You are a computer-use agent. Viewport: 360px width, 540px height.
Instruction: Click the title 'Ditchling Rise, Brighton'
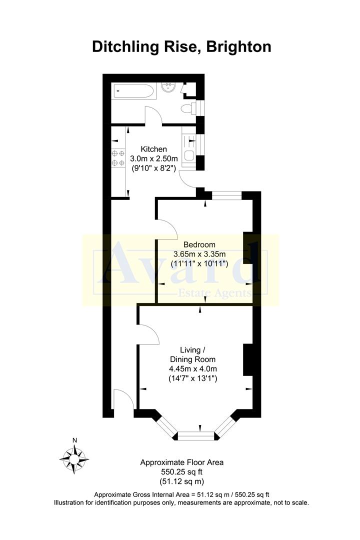point(182,46)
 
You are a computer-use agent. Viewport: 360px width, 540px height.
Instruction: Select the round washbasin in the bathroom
point(168,89)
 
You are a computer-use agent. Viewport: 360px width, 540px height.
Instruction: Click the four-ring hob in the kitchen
point(118,158)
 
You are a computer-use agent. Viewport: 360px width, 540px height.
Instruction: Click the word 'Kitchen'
point(153,149)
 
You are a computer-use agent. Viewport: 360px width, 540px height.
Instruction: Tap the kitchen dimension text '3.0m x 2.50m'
point(153,159)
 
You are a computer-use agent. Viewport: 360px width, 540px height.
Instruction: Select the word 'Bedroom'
point(199,244)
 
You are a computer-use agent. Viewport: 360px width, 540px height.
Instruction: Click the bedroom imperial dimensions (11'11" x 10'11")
point(200,263)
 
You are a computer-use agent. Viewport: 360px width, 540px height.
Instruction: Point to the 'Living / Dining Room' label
point(192,354)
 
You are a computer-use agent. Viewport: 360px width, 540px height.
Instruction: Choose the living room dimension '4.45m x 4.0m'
point(192,369)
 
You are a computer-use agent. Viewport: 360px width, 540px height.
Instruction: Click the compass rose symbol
point(74,457)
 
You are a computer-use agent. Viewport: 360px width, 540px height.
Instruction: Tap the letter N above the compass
point(74,440)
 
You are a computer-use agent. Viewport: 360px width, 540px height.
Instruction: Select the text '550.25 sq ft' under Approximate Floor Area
point(182,472)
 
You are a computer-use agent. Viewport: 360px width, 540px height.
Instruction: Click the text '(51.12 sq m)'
point(182,481)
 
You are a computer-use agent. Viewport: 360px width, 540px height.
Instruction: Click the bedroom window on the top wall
point(226,195)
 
